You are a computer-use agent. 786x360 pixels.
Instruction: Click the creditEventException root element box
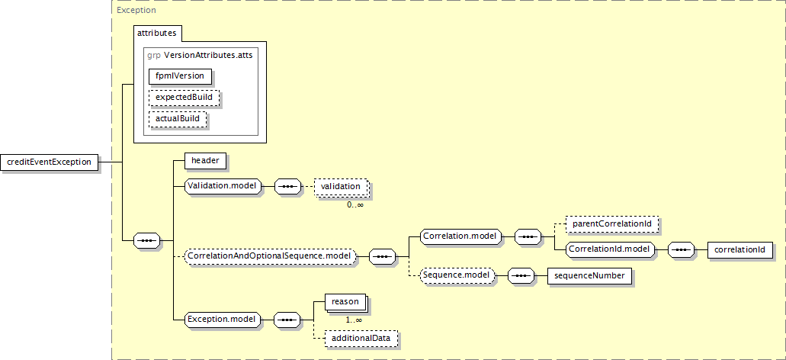pyautogui.click(x=50, y=162)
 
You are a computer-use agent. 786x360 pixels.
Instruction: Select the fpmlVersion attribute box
pyautogui.click(x=180, y=76)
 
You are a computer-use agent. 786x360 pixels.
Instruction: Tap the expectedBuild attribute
pyautogui.click(x=184, y=98)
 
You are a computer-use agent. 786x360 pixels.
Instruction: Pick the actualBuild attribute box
pyautogui.click(x=178, y=119)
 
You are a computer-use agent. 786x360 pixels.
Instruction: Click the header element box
pyautogui.click(x=206, y=161)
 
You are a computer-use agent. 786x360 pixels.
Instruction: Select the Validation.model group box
pyautogui.click(x=223, y=187)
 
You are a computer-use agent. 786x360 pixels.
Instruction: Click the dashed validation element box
pyautogui.click(x=341, y=187)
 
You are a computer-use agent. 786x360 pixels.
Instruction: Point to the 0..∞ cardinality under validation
pyautogui.click(x=355, y=204)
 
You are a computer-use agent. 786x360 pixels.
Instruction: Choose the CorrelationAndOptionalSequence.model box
pyautogui.click(x=270, y=256)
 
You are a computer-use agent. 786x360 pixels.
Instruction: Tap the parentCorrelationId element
pyautogui.click(x=611, y=223)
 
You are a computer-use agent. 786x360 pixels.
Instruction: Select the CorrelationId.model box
pyautogui.click(x=611, y=249)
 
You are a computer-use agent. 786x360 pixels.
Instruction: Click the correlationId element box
pyautogui.click(x=740, y=249)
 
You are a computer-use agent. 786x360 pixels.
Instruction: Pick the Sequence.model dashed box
pyautogui.click(x=457, y=276)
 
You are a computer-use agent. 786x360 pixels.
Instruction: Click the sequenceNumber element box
pyautogui.click(x=589, y=276)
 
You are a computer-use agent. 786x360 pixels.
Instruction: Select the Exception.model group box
pyautogui.click(x=223, y=320)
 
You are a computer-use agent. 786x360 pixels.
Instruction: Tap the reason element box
pyautogui.click(x=345, y=302)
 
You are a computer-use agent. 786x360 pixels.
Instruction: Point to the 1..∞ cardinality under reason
pyautogui.click(x=354, y=320)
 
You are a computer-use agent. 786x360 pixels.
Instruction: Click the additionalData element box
pyautogui.click(x=361, y=339)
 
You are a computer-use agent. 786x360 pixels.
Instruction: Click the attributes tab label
pyautogui.click(x=156, y=33)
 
